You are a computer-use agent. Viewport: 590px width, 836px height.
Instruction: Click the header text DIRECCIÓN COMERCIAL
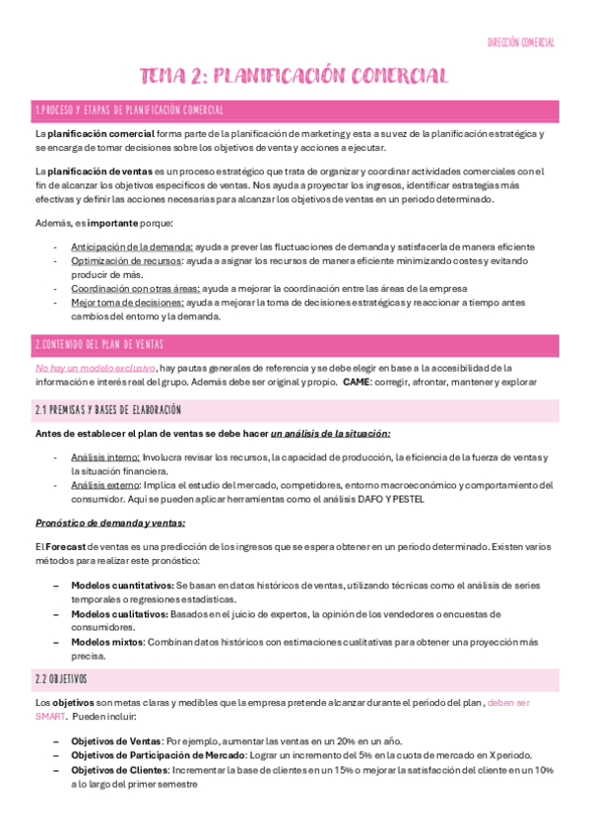[x=522, y=43]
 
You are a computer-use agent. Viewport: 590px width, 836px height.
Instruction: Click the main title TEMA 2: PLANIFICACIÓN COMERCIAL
[x=295, y=76]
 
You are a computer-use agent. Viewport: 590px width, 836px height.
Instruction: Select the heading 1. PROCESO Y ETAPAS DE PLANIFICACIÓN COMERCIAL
[x=129, y=109]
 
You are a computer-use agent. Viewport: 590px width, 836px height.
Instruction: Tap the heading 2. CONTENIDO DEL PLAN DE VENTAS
[x=99, y=344]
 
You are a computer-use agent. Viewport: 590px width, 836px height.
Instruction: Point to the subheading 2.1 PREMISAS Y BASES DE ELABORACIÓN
[x=108, y=409]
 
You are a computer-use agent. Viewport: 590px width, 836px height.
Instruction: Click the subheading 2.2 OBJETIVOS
[x=61, y=679]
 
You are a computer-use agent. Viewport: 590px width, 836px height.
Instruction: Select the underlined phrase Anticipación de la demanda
[x=132, y=245]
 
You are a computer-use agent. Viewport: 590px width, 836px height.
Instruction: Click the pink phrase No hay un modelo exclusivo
[x=95, y=367]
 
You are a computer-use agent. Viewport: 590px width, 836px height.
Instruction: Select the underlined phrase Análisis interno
[x=105, y=457]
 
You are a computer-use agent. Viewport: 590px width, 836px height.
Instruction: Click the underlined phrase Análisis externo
[x=105, y=484]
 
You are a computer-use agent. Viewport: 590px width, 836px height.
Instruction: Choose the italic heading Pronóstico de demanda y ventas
[x=110, y=522]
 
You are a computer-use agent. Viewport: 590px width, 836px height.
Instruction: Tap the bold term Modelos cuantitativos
[x=122, y=586]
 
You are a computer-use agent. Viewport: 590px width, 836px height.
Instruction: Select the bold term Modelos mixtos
[x=107, y=641]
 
